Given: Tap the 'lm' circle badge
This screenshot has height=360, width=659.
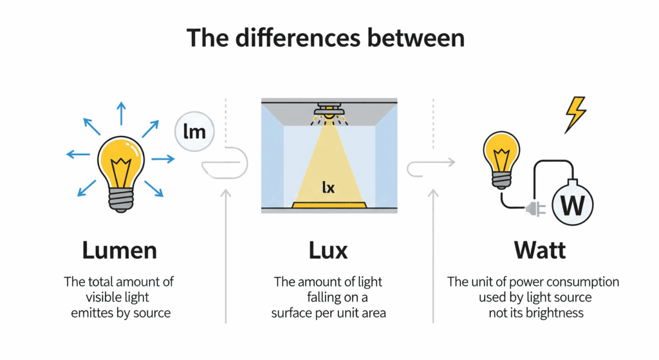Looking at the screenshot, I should [194, 133].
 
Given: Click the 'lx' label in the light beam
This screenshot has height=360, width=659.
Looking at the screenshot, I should [328, 187].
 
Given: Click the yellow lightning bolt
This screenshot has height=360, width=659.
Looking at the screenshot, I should [575, 114].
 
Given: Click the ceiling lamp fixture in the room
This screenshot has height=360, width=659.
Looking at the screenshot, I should [329, 113].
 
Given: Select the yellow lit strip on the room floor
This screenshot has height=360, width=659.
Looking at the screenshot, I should [328, 205].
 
